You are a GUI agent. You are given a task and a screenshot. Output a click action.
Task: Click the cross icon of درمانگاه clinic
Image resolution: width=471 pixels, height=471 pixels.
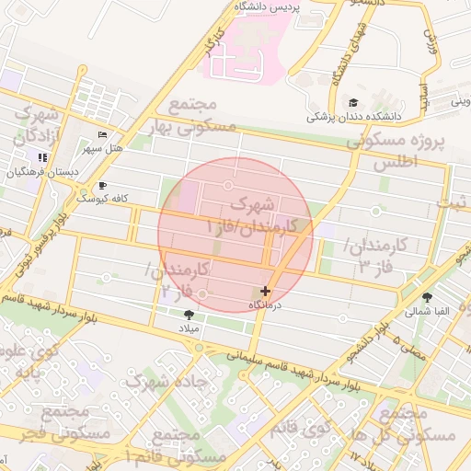[x=266, y=291]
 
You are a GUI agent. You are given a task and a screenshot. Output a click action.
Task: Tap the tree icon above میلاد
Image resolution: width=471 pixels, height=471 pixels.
[x=190, y=315]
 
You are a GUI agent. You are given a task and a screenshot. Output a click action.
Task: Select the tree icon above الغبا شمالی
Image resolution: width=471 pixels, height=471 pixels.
[x=428, y=296]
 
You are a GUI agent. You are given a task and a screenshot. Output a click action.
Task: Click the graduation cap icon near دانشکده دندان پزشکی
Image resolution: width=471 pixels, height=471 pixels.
[x=354, y=102]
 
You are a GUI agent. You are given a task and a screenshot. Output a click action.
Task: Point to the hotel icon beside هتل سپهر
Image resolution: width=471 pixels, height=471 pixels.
[x=101, y=134]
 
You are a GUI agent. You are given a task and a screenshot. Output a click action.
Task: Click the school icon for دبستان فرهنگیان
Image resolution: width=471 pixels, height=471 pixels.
[x=42, y=158]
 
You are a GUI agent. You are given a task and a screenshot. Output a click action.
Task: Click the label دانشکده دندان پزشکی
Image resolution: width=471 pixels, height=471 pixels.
[x=354, y=117]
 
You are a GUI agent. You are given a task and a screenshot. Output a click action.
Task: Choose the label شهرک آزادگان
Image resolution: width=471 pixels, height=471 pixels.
[x=35, y=127]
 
